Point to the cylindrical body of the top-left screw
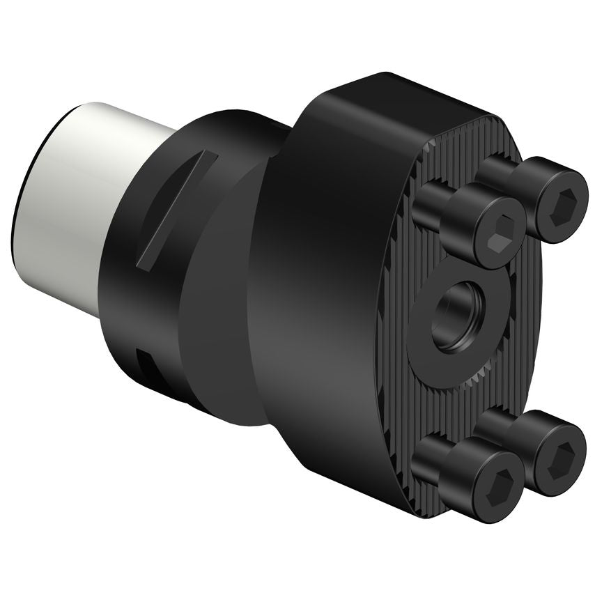[x=446, y=209]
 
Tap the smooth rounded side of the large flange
[x=314, y=314]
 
